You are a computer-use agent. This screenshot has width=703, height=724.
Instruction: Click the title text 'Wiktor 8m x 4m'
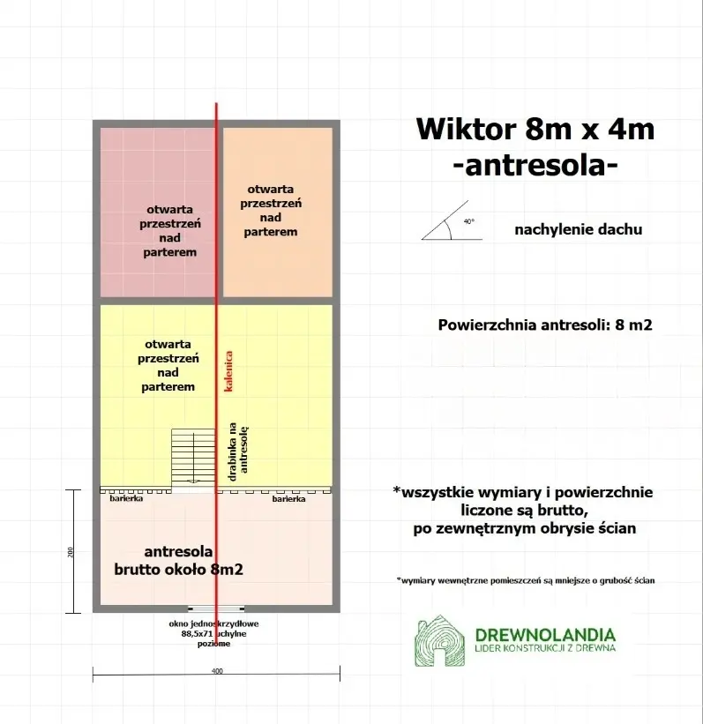(535, 130)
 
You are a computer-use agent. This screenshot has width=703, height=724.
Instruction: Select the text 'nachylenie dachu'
(578, 229)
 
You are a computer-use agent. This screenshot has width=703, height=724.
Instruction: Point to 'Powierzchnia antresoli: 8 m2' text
(544, 324)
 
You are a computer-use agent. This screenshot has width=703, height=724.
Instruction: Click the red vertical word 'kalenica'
(228, 371)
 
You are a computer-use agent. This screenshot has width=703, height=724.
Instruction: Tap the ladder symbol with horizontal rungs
(194, 456)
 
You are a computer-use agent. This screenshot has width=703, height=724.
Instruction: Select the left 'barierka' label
(126, 499)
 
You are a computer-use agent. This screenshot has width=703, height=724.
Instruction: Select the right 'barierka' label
(288, 499)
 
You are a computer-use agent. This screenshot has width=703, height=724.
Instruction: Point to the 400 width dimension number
(217, 671)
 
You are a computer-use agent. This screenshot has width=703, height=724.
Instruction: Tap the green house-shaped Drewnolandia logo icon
(441, 641)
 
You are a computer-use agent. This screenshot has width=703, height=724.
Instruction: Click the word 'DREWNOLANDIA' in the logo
(544, 634)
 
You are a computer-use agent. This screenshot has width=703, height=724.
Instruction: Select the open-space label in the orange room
(271, 210)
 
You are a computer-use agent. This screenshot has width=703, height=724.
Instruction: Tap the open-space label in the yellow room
(168, 365)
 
